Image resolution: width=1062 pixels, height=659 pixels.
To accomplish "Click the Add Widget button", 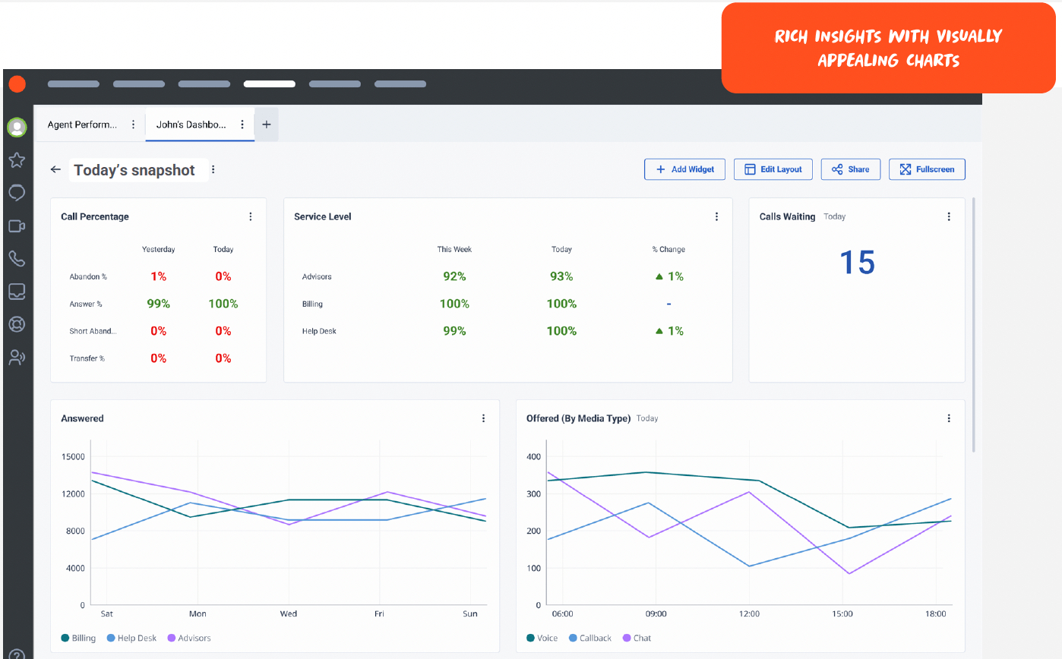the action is pyautogui.click(x=684, y=169).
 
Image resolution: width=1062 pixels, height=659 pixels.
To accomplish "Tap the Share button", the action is pyautogui.click(x=851, y=169).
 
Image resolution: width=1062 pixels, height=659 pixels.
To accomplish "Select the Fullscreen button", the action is pyautogui.click(x=927, y=169).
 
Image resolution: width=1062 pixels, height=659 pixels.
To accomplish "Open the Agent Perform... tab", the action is pyautogui.click(x=82, y=125).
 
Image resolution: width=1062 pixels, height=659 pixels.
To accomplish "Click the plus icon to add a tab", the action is pyautogui.click(x=267, y=125).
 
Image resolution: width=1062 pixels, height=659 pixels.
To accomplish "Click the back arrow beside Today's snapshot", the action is pyautogui.click(x=55, y=169).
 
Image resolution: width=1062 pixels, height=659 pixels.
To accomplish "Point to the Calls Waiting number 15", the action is pyautogui.click(x=857, y=262).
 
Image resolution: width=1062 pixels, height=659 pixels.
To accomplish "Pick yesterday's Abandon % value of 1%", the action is pyautogui.click(x=158, y=276).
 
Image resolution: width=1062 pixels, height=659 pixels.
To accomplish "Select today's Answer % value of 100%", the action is pyautogui.click(x=223, y=304).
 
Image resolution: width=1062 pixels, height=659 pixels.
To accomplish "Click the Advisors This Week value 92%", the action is pyautogui.click(x=454, y=276).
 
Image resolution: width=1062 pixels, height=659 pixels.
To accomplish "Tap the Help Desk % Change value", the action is pyautogui.click(x=669, y=331).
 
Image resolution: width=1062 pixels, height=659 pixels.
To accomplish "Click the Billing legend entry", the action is pyautogui.click(x=78, y=638).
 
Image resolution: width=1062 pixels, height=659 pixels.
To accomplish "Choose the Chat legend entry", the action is pyautogui.click(x=637, y=638).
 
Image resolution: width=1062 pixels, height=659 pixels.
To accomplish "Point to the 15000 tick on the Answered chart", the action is pyautogui.click(x=73, y=457).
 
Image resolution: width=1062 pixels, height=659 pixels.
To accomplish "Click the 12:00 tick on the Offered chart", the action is pyautogui.click(x=749, y=613).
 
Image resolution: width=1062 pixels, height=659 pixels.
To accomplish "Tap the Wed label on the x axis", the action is pyautogui.click(x=288, y=613).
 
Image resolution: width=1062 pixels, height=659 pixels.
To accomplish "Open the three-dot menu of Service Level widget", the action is pyautogui.click(x=716, y=216).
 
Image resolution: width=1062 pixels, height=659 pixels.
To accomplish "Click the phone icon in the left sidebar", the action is pyautogui.click(x=17, y=259).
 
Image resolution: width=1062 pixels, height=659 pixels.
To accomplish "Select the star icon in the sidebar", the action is pyautogui.click(x=17, y=159).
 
